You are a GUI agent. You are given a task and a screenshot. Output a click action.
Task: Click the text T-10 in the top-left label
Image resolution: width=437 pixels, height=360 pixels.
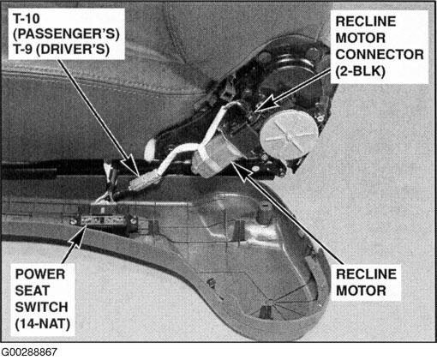pyautogui.click(x=27, y=19)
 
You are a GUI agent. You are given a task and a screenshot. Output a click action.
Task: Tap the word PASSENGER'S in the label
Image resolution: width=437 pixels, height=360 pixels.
pyautogui.click(x=66, y=34)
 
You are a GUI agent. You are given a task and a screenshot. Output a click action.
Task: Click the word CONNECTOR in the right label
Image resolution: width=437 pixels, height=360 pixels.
pyautogui.click(x=380, y=55)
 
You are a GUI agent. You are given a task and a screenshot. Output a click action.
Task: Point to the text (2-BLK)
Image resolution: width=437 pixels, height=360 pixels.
pyautogui.click(x=360, y=71)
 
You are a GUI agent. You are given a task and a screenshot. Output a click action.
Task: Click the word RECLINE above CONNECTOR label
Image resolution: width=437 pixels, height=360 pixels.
pyautogui.click(x=366, y=21)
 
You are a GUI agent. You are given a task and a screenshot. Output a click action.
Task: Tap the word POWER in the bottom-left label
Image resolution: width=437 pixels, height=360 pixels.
pyautogui.click(x=40, y=274)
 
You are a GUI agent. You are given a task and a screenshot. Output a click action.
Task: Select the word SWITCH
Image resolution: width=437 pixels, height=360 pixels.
pyautogui.click(x=41, y=308)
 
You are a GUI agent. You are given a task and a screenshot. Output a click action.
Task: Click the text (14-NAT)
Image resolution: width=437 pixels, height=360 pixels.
pyautogui.click(x=43, y=324)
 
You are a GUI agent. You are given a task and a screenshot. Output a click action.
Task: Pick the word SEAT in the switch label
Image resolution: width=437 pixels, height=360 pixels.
pyautogui.click(x=33, y=291)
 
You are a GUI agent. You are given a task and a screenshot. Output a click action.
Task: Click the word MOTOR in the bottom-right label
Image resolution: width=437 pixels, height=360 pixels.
pyautogui.click(x=361, y=291)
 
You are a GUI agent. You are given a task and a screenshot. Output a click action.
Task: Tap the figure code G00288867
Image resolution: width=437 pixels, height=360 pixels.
pyautogui.click(x=29, y=351)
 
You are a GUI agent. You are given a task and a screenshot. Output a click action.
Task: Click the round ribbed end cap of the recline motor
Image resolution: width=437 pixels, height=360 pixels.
pyautogui.click(x=289, y=135)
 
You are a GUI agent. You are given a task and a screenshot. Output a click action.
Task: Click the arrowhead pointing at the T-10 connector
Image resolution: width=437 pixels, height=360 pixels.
pyautogui.click(x=131, y=165)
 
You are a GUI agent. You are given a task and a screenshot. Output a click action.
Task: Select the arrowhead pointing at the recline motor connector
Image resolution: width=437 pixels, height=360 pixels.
pyautogui.click(x=264, y=105)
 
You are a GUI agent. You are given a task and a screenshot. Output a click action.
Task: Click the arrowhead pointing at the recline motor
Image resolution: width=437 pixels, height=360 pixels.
pyautogui.click(x=242, y=171)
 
